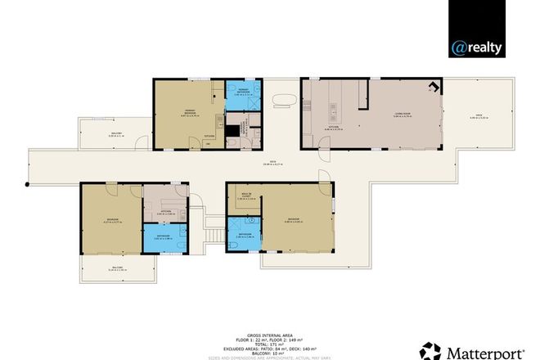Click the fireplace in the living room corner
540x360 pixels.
435,87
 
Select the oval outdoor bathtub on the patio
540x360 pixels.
284,100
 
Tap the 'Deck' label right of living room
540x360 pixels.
478,115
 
